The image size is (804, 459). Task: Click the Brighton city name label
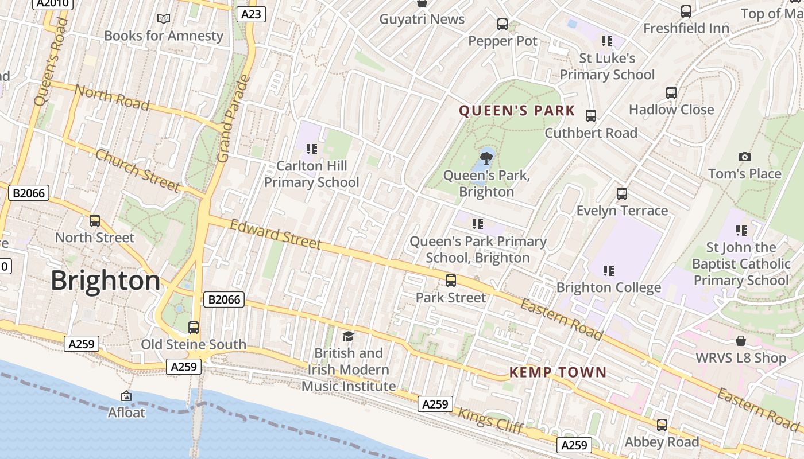tap(106, 281)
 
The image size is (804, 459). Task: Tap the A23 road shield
tap(251, 14)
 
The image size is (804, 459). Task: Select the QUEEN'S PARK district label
tap(517, 111)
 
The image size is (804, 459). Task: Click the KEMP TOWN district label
tap(558, 373)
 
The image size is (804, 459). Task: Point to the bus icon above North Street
tap(95, 221)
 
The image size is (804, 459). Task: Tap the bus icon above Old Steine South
tap(194, 328)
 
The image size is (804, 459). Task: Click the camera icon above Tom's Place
tap(744, 157)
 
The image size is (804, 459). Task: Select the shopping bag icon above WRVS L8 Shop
tap(741, 341)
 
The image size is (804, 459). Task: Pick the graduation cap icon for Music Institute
tap(348, 336)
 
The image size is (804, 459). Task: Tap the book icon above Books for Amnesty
tap(164, 19)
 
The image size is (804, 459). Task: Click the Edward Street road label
tap(276, 234)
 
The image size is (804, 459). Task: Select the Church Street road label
tap(138, 170)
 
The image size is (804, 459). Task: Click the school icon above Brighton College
tap(609, 270)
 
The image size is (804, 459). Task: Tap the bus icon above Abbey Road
tap(662, 425)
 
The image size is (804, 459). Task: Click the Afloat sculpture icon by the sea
tap(126, 396)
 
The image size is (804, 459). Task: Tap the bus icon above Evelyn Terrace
tap(622, 194)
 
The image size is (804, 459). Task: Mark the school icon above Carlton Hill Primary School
tap(312, 149)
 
